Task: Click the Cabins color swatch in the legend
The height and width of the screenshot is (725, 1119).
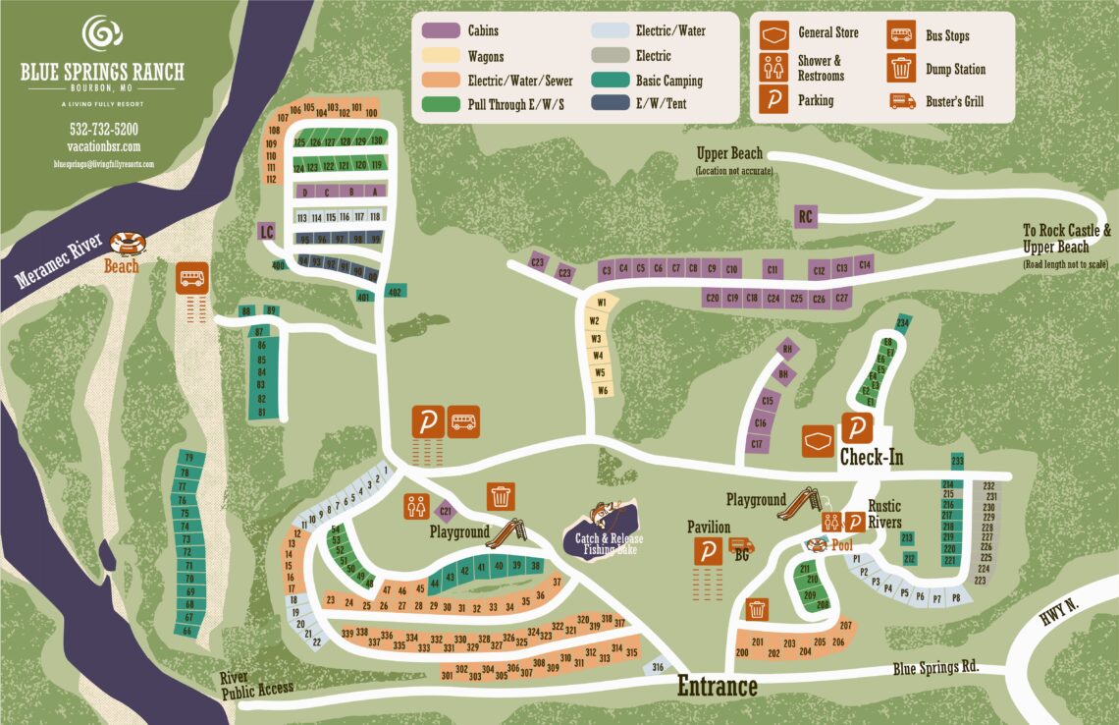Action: point(441,31)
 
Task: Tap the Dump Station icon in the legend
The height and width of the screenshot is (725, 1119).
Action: point(901,69)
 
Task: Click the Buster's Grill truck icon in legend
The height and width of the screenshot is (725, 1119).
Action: point(901,101)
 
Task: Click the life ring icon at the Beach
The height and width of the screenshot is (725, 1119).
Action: point(127,243)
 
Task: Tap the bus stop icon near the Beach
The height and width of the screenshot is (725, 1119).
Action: point(191,277)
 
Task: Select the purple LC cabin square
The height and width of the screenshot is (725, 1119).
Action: point(265,232)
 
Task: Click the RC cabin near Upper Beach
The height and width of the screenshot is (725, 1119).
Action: point(805,216)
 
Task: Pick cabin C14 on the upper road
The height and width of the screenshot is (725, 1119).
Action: point(864,263)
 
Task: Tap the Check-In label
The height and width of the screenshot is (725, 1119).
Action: point(871,458)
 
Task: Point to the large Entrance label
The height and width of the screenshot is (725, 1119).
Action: point(717,687)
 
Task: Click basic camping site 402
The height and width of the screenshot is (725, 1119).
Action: point(395,291)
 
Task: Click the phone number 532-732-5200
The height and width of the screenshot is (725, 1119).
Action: point(103,129)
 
